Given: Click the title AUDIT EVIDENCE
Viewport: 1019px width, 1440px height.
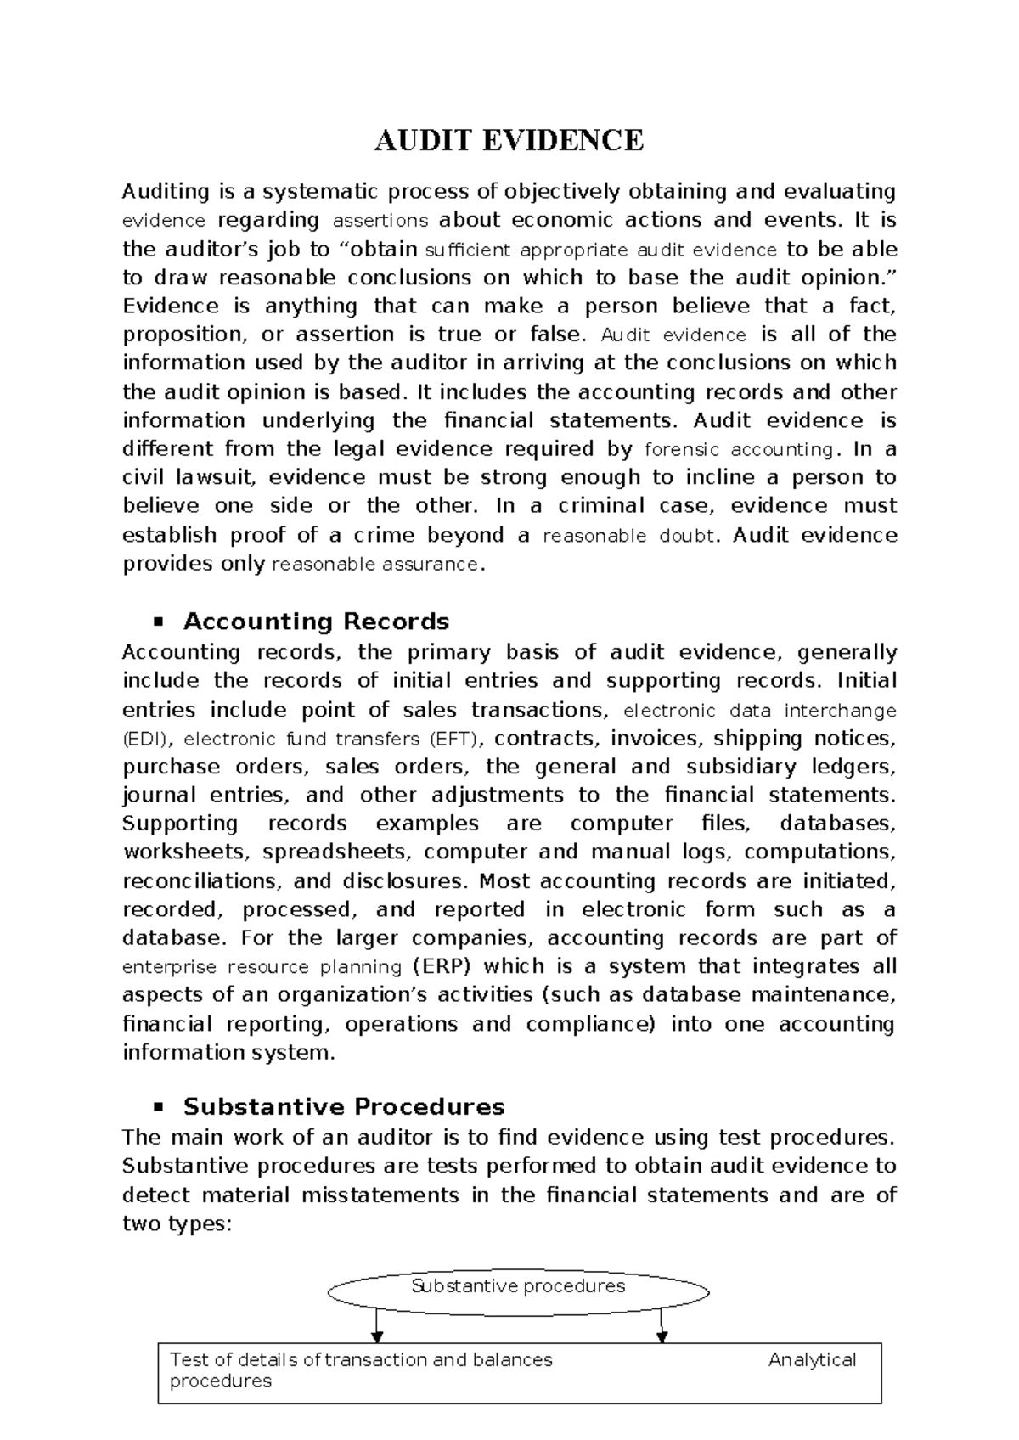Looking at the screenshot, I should pyautogui.click(x=509, y=140).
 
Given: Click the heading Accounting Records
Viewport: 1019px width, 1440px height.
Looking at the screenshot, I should pyautogui.click(x=316, y=622).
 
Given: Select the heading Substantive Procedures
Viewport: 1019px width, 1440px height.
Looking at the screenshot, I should pyautogui.click(x=344, y=1107).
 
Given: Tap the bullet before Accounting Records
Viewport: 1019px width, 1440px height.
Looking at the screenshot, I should pyautogui.click(x=157, y=622).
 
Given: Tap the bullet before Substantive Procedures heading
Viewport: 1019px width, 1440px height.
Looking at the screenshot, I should pyautogui.click(x=157, y=1108).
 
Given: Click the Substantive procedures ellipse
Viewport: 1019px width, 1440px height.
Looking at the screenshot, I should pyautogui.click(x=518, y=1287).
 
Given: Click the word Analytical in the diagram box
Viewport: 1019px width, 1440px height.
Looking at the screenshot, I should pyautogui.click(x=812, y=1360).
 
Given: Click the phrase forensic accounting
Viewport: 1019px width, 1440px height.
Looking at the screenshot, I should pyautogui.click(x=740, y=449).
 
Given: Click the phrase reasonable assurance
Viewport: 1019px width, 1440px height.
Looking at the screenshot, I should pyautogui.click(x=374, y=565).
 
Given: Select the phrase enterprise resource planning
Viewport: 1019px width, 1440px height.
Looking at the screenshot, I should pyautogui.click(x=262, y=967).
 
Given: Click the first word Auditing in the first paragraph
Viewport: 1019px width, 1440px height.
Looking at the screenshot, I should pyautogui.click(x=166, y=192).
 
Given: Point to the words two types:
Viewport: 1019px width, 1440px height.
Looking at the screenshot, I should pyautogui.click(x=177, y=1224).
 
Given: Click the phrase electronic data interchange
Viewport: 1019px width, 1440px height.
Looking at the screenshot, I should pyautogui.click(x=760, y=711).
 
